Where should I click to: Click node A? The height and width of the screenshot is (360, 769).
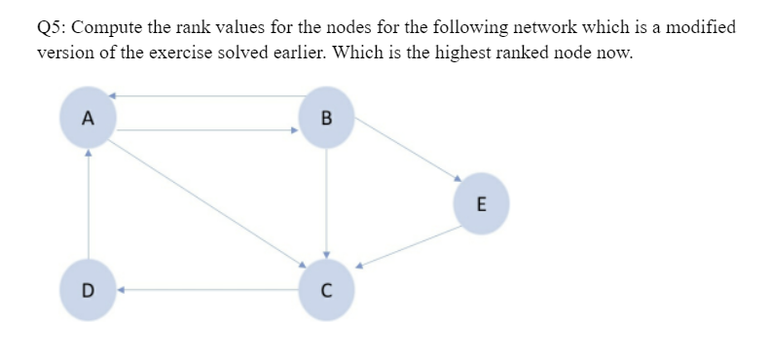pos(88,119)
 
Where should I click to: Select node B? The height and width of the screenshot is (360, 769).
pos(325,119)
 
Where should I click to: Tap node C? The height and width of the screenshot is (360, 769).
pos(325,289)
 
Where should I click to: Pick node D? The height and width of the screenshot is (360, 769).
pos(88,289)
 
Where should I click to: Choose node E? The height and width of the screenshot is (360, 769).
pos(481,203)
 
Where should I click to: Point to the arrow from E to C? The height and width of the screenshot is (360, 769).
pos(409,247)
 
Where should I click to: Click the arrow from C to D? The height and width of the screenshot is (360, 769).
pos(208,289)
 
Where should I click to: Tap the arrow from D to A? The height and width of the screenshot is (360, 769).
pos(89,204)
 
